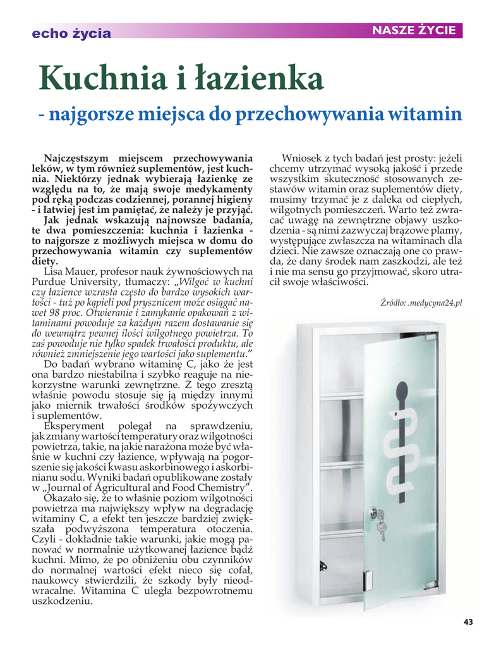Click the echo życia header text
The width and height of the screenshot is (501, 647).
pyautogui.click(x=71, y=33)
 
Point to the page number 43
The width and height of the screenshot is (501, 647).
pyautogui.click(x=468, y=622)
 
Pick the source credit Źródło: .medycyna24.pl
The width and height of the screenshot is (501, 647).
pyautogui.click(x=422, y=303)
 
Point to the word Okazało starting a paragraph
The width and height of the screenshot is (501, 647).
pyautogui.click(x=64, y=498)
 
